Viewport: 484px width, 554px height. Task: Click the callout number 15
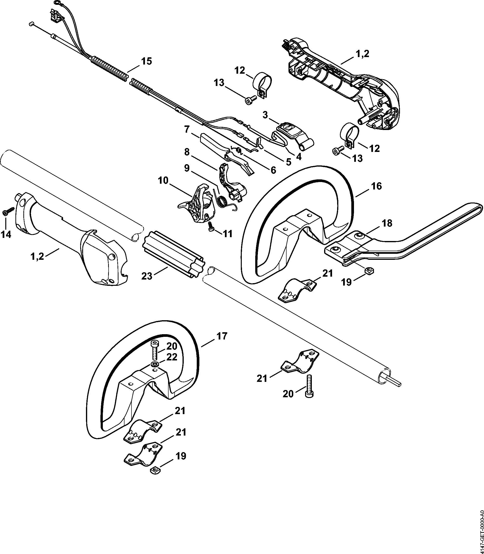point(146,61)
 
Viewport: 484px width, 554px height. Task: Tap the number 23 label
point(147,276)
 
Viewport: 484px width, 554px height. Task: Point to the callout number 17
point(222,336)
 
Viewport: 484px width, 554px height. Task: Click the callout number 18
point(387,223)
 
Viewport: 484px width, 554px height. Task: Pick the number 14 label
point(6,235)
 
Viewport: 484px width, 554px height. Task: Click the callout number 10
point(163,180)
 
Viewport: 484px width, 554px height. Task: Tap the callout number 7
point(187,129)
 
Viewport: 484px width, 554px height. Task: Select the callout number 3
point(265,115)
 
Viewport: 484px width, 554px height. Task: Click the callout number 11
point(227,234)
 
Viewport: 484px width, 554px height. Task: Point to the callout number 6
point(273,170)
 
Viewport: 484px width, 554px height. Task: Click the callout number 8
point(187,152)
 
